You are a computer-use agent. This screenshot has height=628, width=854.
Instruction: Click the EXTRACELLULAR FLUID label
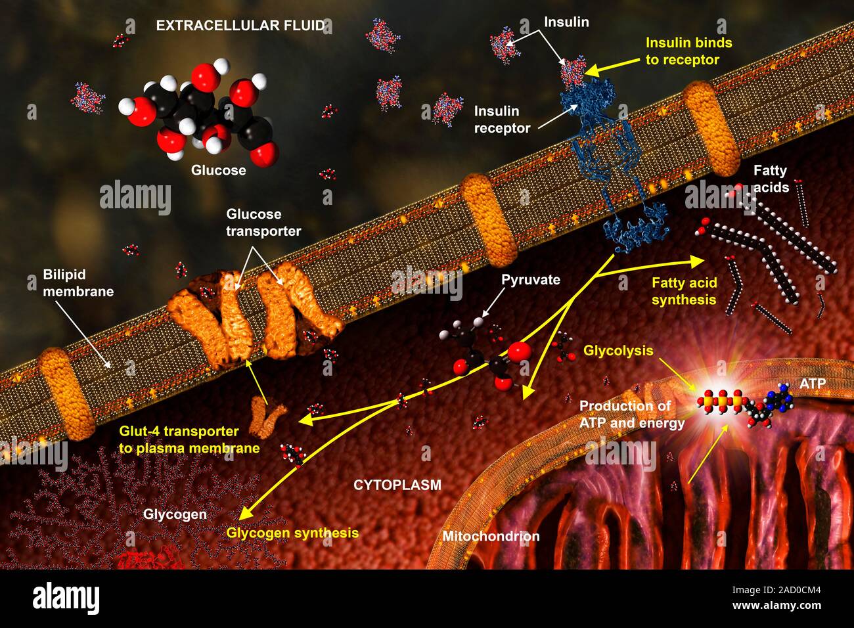[x=240, y=26]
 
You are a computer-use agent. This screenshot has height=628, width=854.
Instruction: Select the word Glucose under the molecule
[x=219, y=170]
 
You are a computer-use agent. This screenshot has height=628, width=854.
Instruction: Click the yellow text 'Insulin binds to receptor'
[x=689, y=51]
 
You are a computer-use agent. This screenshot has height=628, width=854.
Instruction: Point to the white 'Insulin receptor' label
[x=502, y=120]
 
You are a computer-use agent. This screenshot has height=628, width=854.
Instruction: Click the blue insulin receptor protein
[x=614, y=164]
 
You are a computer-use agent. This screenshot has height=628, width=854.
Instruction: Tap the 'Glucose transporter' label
[x=263, y=222]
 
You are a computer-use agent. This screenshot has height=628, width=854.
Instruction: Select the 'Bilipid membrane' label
[x=78, y=283]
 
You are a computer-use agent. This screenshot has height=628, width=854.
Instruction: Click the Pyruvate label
[x=531, y=279]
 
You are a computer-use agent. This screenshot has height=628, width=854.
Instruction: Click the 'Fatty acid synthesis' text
[x=685, y=291]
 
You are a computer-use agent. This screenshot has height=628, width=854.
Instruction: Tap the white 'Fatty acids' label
[x=771, y=179]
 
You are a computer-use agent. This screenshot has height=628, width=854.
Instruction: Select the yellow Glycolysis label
[x=618, y=350]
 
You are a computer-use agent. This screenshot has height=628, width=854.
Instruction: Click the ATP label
[x=813, y=384]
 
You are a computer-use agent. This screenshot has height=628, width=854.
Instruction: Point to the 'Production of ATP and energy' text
[x=632, y=415]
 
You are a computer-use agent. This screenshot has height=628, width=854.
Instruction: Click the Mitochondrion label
[x=491, y=537]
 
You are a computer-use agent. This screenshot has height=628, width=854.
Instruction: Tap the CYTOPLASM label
[x=397, y=485]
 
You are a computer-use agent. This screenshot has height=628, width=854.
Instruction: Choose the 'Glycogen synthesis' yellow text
[x=292, y=533]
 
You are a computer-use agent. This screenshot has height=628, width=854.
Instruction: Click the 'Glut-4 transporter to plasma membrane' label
[x=189, y=439]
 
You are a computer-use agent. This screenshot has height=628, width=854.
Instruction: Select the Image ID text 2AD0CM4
[x=776, y=591]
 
